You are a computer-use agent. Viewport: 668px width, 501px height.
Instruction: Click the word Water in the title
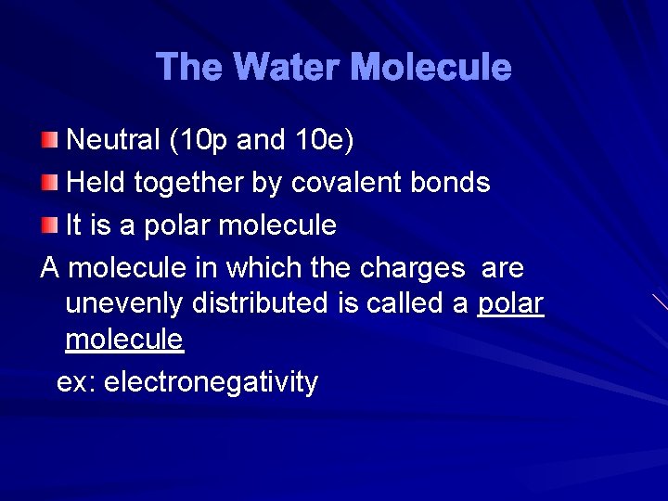click(x=289, y=67)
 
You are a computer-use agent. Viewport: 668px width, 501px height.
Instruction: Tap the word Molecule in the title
click(x=432, y=67)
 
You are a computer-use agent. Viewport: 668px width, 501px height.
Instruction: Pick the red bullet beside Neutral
click(x=49, y=140)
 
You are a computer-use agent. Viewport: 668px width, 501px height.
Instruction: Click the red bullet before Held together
click(x=49, y=183)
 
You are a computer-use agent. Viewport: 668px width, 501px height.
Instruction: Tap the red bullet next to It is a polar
click(x=49, y=225)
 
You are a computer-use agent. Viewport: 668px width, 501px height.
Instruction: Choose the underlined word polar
click(x=510, y=303)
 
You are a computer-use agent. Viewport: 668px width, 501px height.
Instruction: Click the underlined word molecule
click(x=124, y=340)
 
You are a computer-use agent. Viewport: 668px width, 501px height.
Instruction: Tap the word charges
click(x=413, y=269)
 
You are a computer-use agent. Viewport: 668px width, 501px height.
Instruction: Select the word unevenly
click(x=123, y=303)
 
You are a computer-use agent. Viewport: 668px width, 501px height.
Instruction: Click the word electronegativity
click(x=211, y=381)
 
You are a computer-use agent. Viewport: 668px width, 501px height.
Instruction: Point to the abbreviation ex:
click(x=76, y=381)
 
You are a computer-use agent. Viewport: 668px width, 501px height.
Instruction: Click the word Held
click(x=97, y=183)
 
